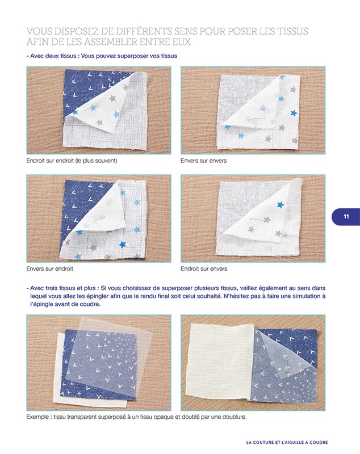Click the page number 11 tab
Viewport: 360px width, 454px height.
pos(346,217)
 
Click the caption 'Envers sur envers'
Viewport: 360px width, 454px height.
pos(203,161)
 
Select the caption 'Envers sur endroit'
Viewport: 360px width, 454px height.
pos(49,268)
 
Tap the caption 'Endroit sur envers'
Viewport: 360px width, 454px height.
pos(204,268)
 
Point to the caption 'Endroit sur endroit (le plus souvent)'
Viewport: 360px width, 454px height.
pos(72,161)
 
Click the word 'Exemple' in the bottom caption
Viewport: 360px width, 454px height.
pos(37,417)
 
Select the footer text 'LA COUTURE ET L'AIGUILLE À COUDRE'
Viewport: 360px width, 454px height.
pos(287,443)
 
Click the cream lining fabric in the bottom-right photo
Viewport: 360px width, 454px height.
pos(219,363)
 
